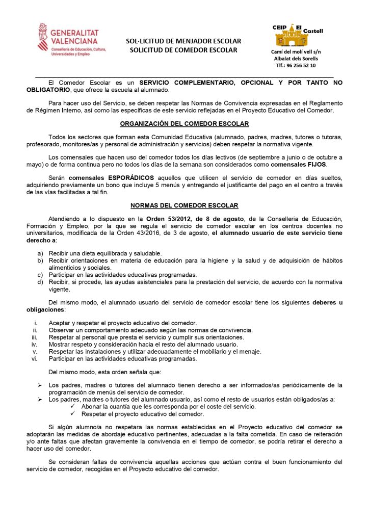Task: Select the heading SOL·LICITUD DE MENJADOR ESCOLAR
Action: [x=183, y=41]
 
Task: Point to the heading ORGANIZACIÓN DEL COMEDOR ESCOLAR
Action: [x=184, y=124]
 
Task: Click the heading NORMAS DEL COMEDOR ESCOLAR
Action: [x=184, y=205]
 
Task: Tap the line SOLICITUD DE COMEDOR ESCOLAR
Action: [x=183, y=50]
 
